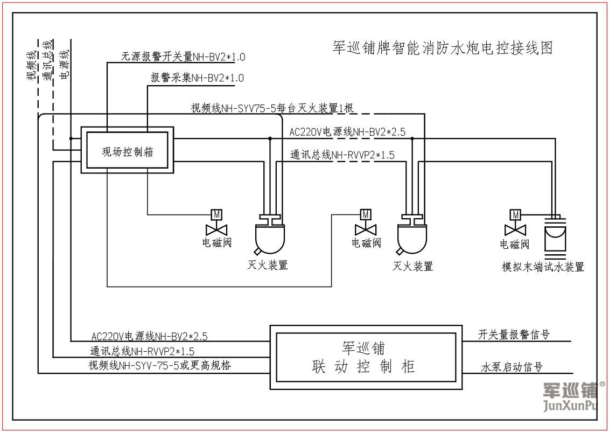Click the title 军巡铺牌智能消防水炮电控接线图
pyautogui.click(x=443, y=48)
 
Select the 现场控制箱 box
pyautogui.click(x=128, y=151)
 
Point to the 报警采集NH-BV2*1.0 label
pyautogui.click(x=197, y=78)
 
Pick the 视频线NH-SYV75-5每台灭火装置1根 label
pyautogui.click(x=271, y=108)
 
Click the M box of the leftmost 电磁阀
pyautogui.click(x=216, y=214)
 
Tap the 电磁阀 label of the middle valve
pyautogui.click(x=366, y=243)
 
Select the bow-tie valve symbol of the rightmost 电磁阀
pyautogui.click(x=515, y=229)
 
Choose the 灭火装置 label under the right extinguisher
pyautogui.click(x=413, y=266)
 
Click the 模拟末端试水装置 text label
pyautogui.click(x=543, y=267)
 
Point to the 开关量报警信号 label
pyautogui.click(x=514, y=335)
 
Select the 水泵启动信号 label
pyautogui.click(x=511, y=367)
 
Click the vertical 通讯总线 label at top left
pyautogui.click(x=48, y=60)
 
